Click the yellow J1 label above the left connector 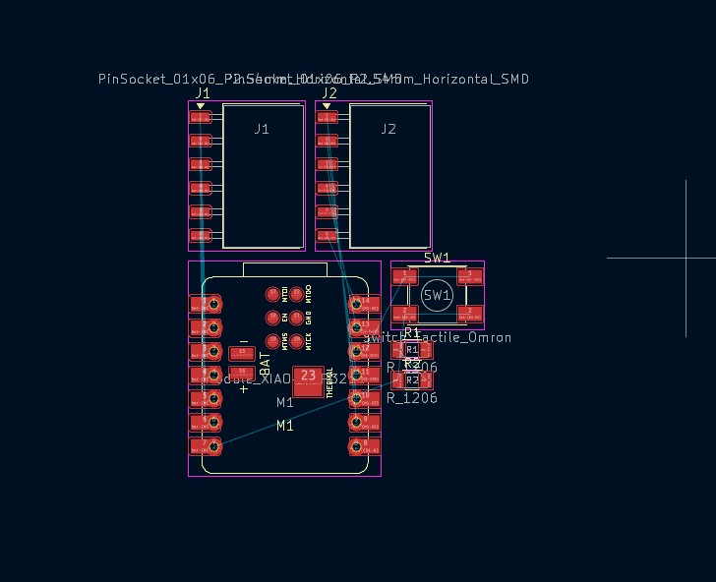point(203,93)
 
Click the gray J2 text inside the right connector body point(388,129)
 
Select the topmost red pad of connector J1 point(201,117)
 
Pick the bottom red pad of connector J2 point(327,236)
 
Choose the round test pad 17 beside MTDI point(272,294)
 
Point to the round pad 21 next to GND point(296,318)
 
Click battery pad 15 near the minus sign point(241,353)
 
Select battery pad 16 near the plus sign point(241,372)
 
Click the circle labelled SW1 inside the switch point(437,295)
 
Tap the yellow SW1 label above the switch point(437,259)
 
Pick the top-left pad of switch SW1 point(404,277)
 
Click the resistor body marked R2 point(412,379)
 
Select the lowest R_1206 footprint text point(412,398)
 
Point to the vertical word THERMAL point(329,381)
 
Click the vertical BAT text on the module point(265,362)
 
